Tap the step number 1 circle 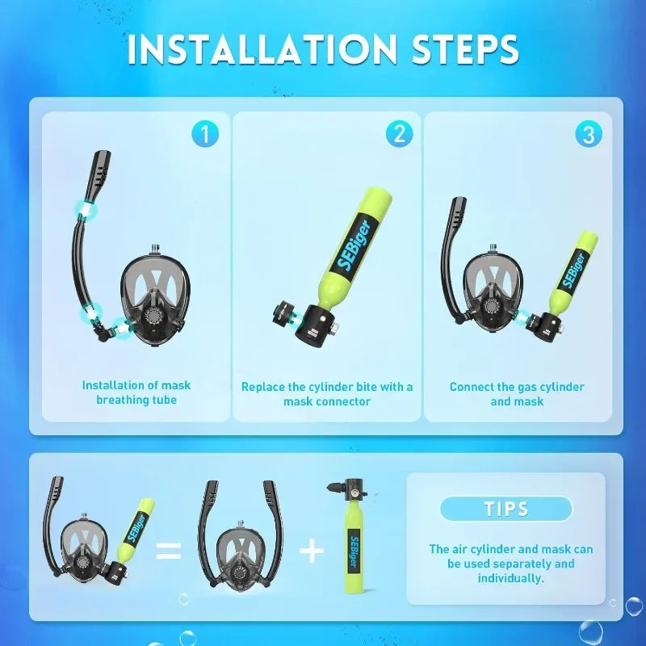point(205,133)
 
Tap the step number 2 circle point(398,133)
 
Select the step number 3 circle point(589,134)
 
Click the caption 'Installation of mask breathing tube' point(136,392)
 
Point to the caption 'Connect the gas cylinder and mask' point(517,394)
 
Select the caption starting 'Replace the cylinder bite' point(327,394)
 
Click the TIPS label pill point(506,509)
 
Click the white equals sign point(168,552)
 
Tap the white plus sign point(312,552)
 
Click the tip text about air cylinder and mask point(510,564)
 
